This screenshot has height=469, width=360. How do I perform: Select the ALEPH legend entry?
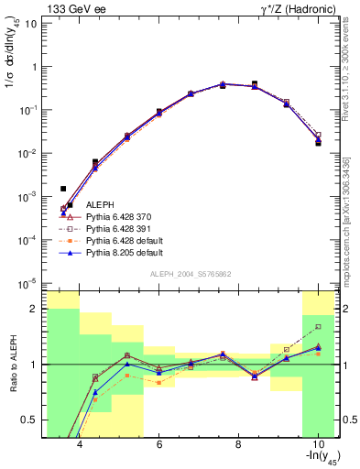click(x=101, y=204)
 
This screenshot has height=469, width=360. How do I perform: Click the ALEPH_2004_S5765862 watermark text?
click(x=191, y=274)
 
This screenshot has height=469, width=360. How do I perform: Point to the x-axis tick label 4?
click(x=80, y=445)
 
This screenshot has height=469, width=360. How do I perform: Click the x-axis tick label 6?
click(x=159, y=445)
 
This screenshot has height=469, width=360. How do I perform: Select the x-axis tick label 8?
click(x=238, y=445)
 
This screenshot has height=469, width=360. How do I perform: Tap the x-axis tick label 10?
click(x=317, y=445)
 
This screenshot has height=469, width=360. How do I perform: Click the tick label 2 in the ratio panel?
click(x=36, y=309)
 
